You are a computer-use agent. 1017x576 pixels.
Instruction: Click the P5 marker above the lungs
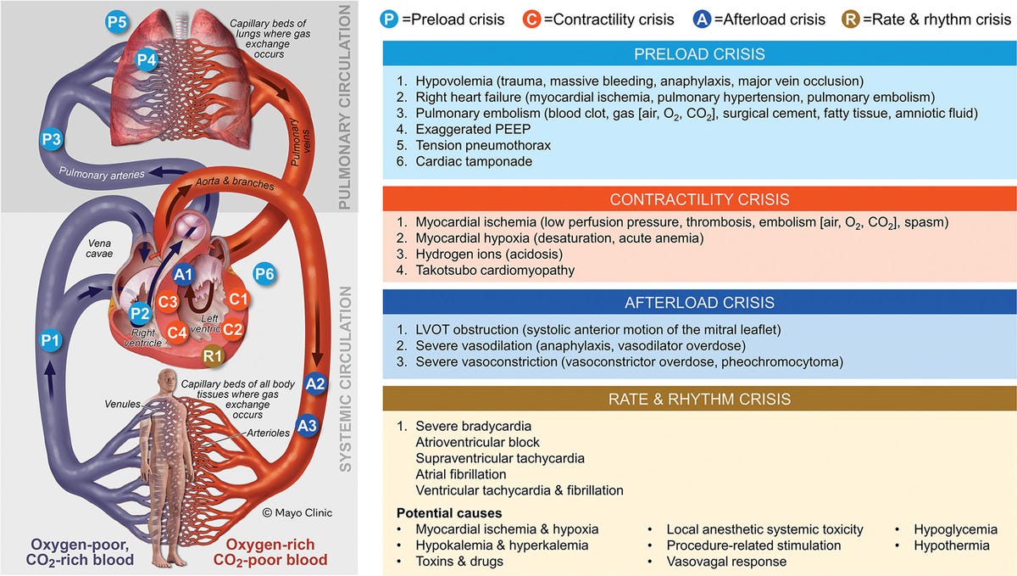click(117, 22)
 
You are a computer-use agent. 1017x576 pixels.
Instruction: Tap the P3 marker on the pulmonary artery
click(51, 139)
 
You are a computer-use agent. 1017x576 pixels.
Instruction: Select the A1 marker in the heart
click(183, 274)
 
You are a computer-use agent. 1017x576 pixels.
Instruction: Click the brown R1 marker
click(213, 355)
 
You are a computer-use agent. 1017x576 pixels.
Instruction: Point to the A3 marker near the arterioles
click(307, 426)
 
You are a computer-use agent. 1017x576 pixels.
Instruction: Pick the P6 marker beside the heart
click(264, 274)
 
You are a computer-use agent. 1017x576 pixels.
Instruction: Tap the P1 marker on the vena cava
click(50, 340)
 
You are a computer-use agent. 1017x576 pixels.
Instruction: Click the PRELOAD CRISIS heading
click(699, 54)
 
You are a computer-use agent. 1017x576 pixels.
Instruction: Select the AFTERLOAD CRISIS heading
click(699, 303)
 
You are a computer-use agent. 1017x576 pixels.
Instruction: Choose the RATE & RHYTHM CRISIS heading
click(699, 400)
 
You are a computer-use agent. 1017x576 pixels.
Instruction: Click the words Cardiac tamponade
click(474, 161)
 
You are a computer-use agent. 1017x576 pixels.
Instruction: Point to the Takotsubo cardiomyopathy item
click(495, 271)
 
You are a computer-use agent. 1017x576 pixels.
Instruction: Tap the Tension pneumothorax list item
click(483, 145)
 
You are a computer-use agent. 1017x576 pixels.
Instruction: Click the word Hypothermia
click(952, 545)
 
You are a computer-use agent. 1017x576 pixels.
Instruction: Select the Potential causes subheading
click(449, 513)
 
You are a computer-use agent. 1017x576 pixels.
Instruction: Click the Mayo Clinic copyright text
click(297, 513)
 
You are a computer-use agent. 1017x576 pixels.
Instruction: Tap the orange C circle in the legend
click(531, 20)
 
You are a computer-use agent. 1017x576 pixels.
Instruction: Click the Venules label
click(123, 404)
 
